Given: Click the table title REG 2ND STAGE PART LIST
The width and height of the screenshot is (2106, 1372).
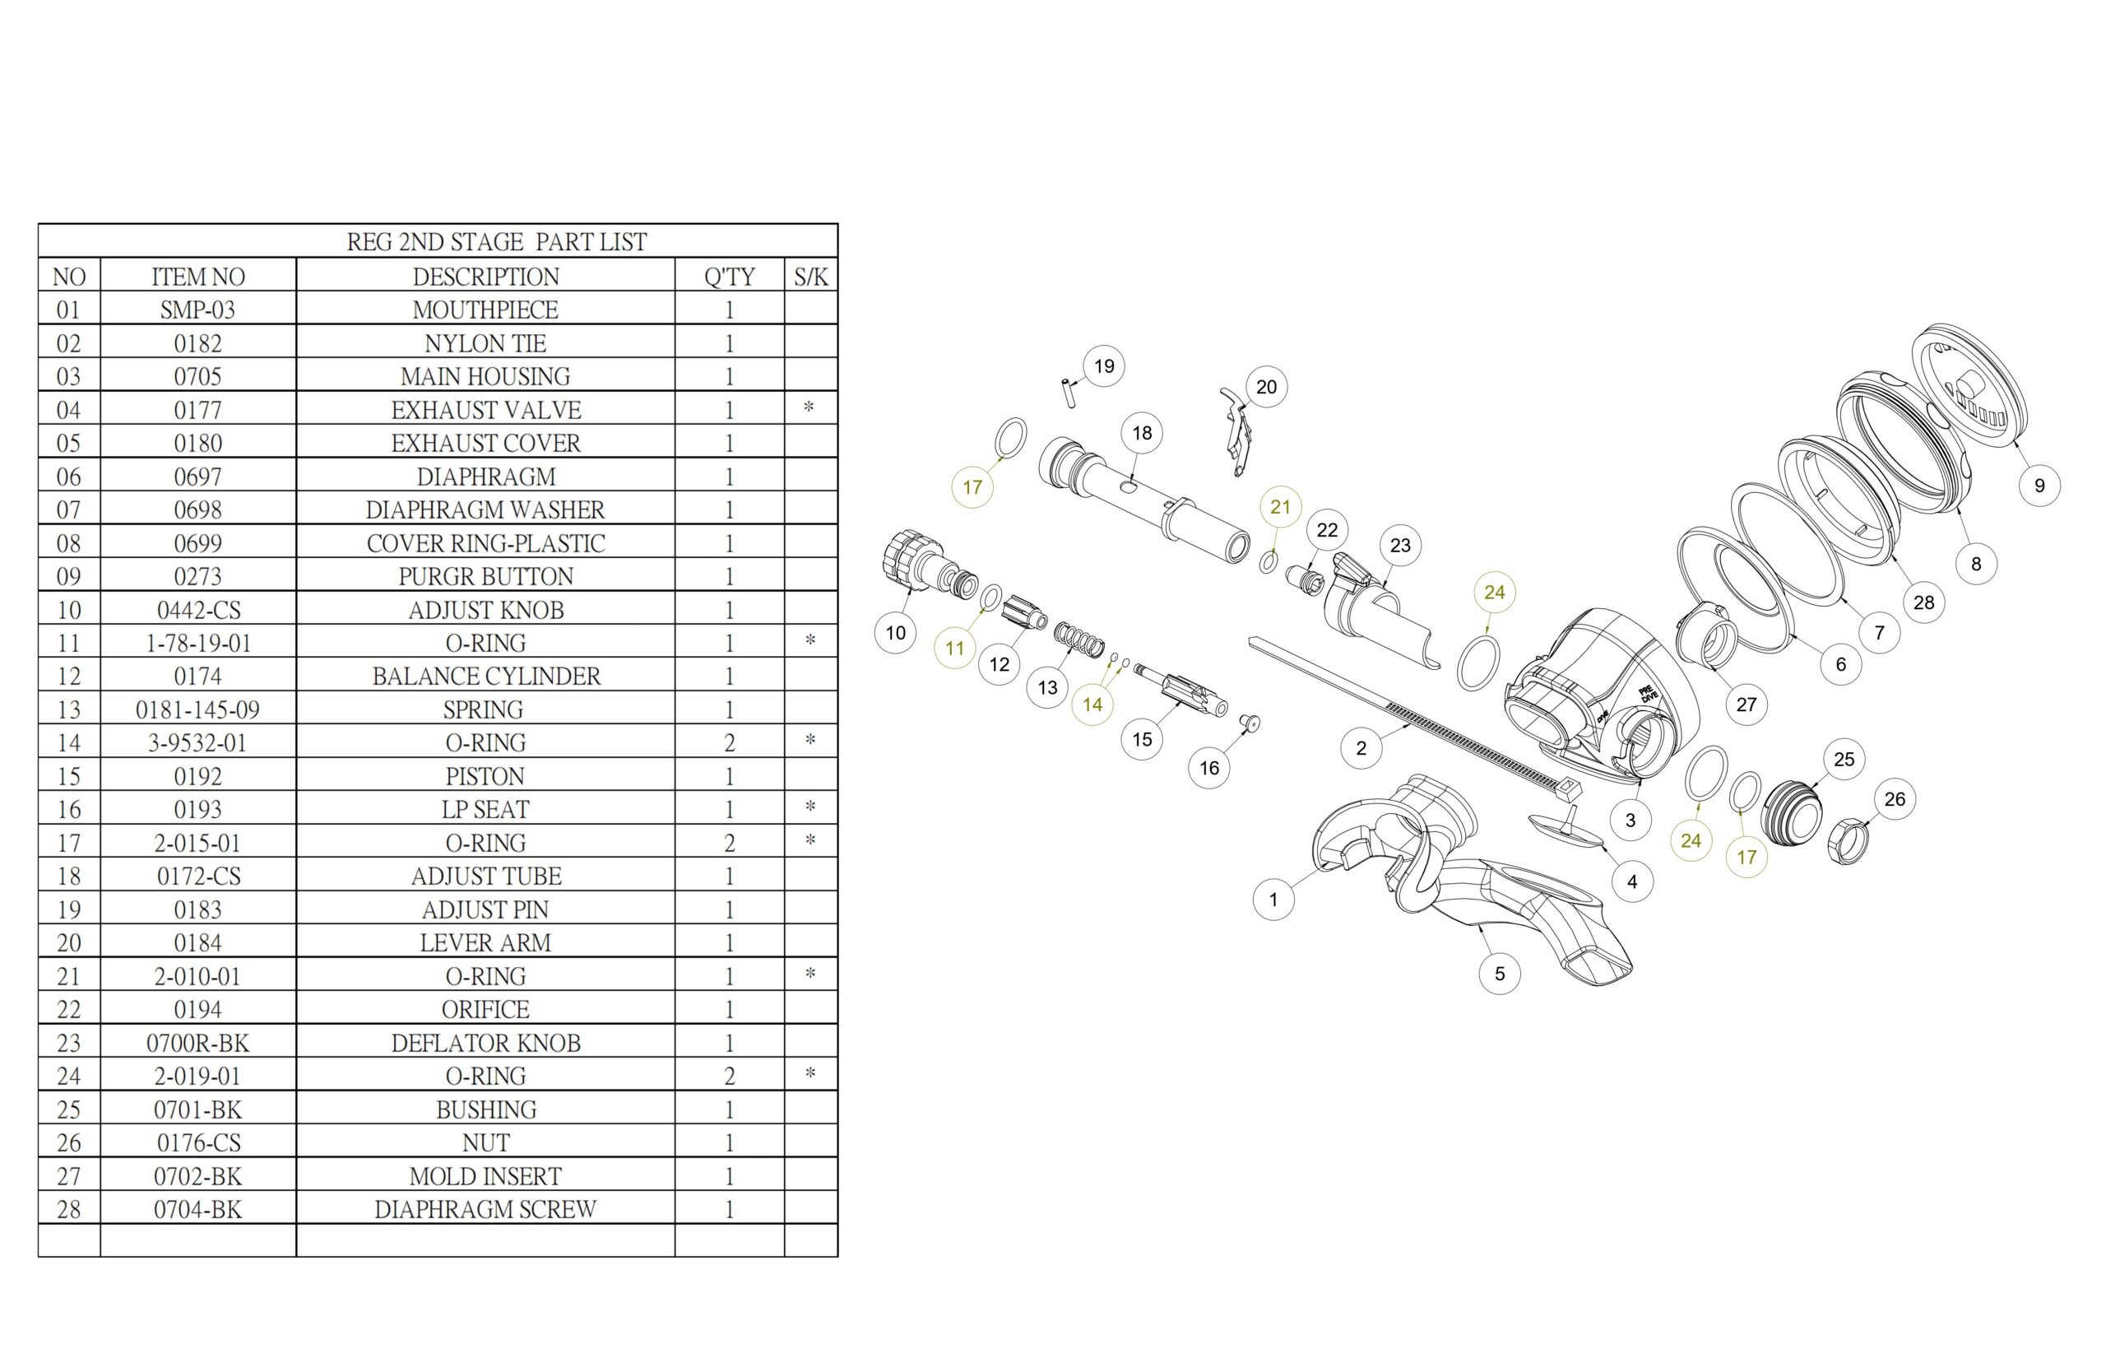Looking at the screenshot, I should click(x=496, y=242).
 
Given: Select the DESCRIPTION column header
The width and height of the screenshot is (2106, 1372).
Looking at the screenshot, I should click(x=486, y=277).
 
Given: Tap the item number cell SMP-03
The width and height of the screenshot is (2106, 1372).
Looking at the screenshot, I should click(x=197, y=309).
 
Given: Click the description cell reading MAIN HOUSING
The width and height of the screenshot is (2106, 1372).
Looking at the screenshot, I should click(x=486, y=376).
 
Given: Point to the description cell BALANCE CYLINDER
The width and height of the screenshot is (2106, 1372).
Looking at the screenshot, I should click(x=486, y=677).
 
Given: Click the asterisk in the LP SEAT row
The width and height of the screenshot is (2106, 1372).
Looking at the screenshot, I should click(x=809, y=807).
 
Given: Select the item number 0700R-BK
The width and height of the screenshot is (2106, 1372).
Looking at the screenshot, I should click(x=197, y=1043).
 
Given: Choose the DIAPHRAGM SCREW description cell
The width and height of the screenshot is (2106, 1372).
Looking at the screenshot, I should click(x=486, y=1209).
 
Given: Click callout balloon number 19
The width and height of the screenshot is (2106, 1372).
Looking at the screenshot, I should click(x=1103, y=366).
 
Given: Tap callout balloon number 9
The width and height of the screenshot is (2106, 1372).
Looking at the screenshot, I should click(x=2039, y=485).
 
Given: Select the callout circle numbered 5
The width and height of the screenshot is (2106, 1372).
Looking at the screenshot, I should click(x=1499, y=974).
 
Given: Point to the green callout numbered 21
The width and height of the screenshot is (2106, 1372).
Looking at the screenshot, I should click(x=1280, y=507).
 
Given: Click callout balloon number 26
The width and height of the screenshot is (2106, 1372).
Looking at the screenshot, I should click(x=1895, y=799).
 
